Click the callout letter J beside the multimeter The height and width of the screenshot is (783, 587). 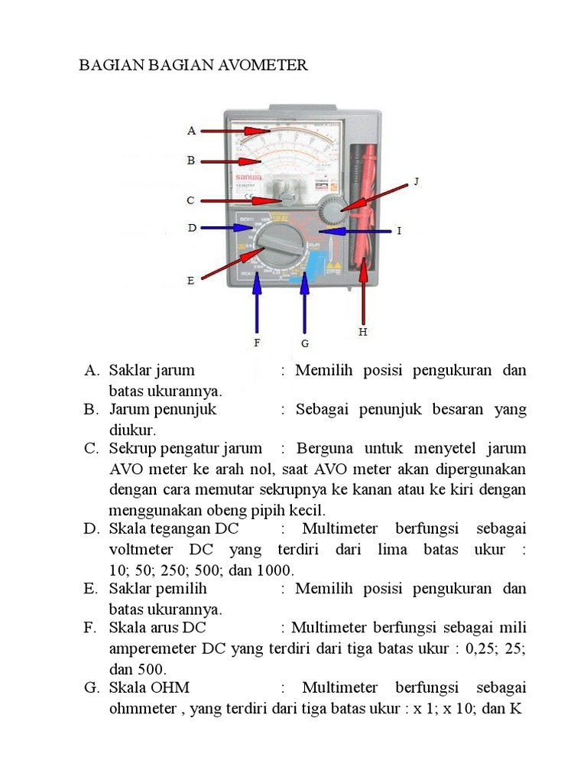point(417,181)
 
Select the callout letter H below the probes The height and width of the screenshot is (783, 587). point(363,332)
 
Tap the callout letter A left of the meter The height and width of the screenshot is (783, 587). point(192,131)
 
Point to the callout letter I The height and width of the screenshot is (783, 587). point(398,230)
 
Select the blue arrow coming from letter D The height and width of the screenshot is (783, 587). point(229,227)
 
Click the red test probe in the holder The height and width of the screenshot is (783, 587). point(370,206)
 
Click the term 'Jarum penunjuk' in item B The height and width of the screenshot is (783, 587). point(163,409)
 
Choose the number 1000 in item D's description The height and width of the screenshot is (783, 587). point(277,570)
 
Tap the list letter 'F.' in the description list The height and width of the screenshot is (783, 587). point(92,628)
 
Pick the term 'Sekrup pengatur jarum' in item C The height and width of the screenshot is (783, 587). point(185,448)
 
